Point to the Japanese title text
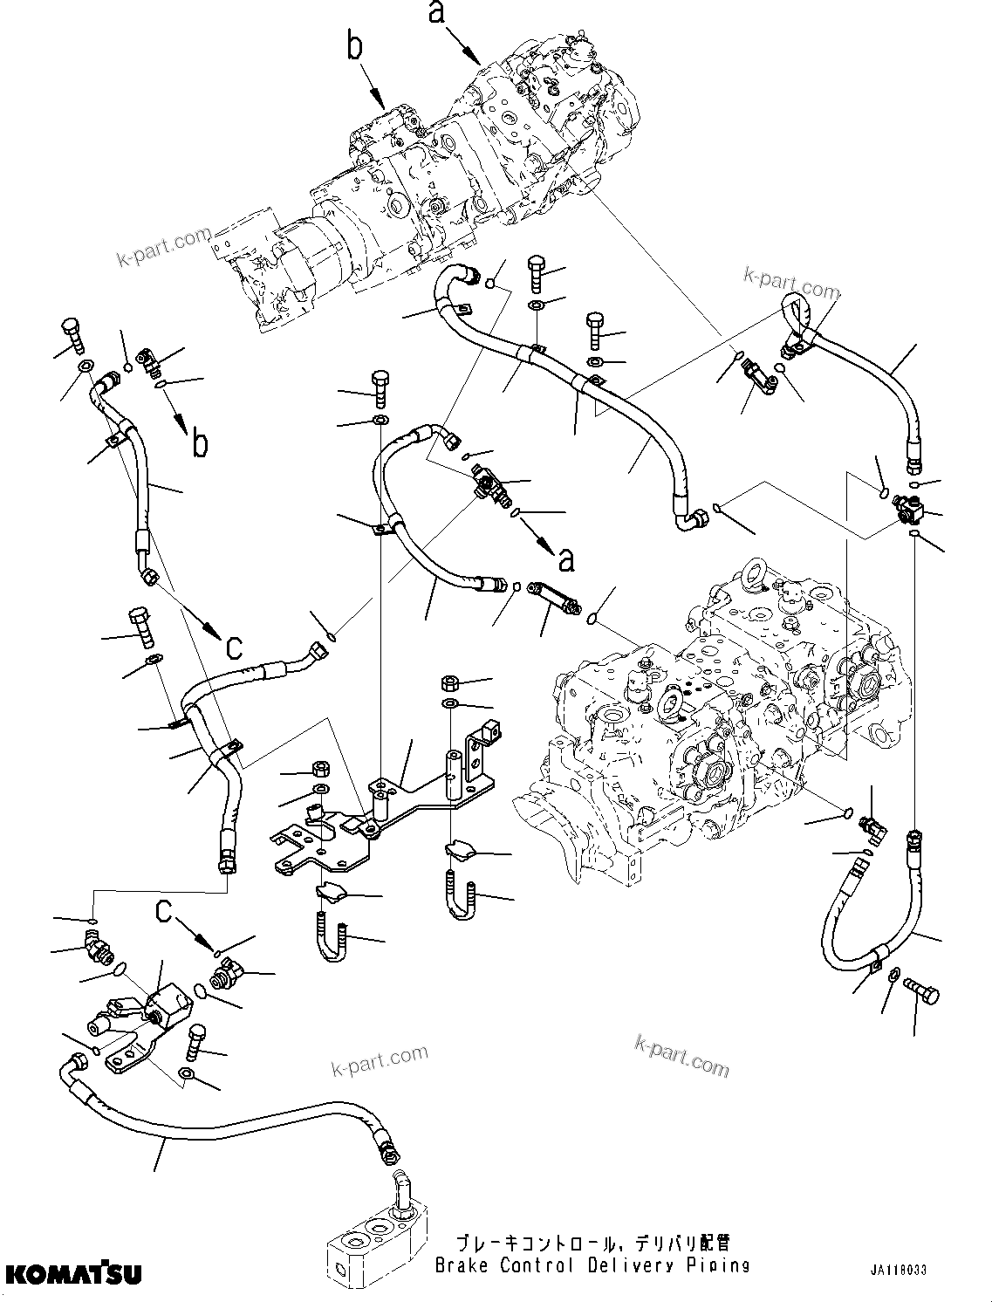[x=592, y=1243]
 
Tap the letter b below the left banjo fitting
[x=201, y=442]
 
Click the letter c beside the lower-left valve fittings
[x=164, y=911]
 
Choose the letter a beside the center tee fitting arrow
[x=567, y=559]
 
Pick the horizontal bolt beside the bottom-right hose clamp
[x=923, y=990]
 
